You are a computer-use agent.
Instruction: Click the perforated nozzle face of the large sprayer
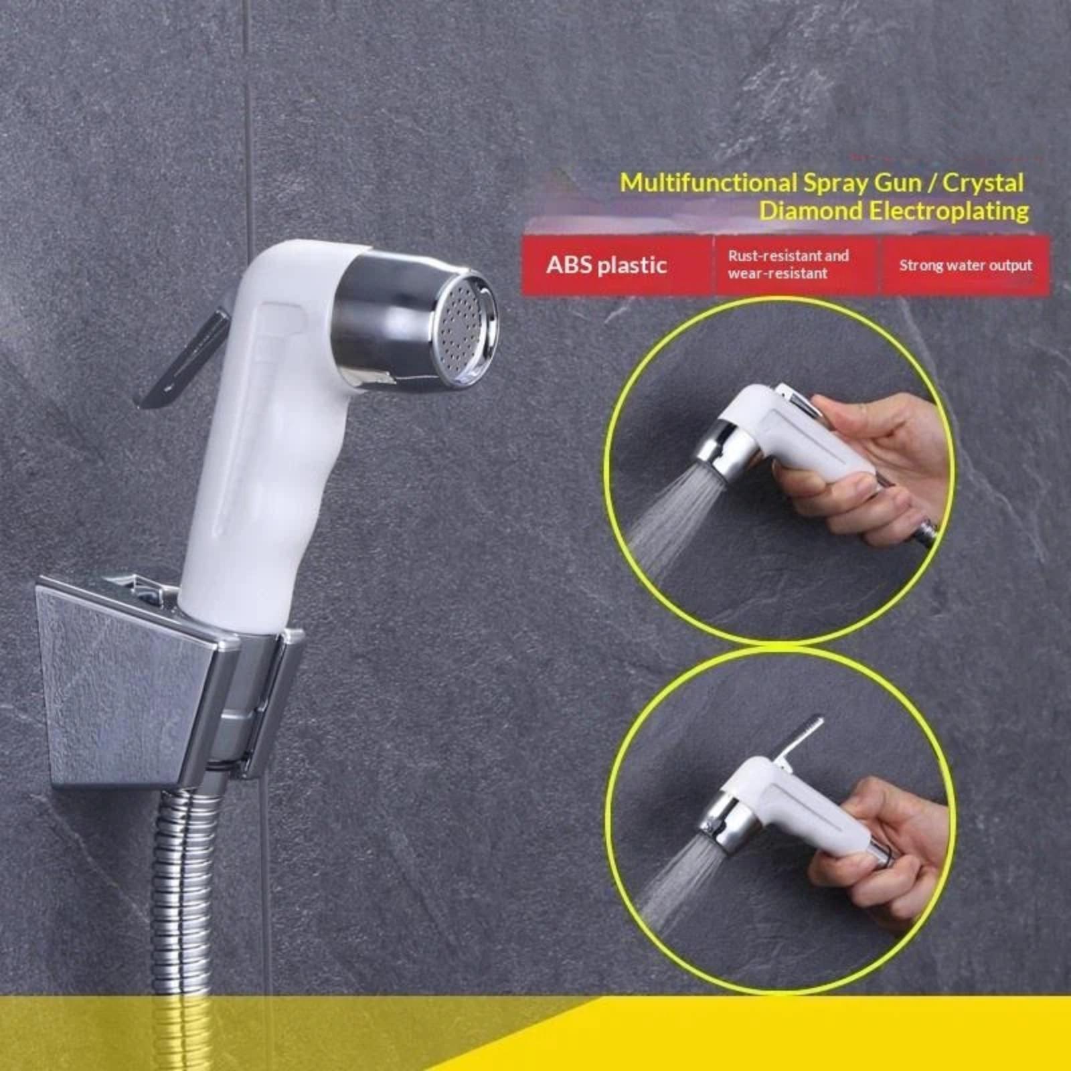coord(464,330)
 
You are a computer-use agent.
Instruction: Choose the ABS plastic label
coord(606,265)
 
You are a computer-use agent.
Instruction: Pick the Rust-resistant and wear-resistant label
coord(788,264)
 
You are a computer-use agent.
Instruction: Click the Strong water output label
coord(965,266)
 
